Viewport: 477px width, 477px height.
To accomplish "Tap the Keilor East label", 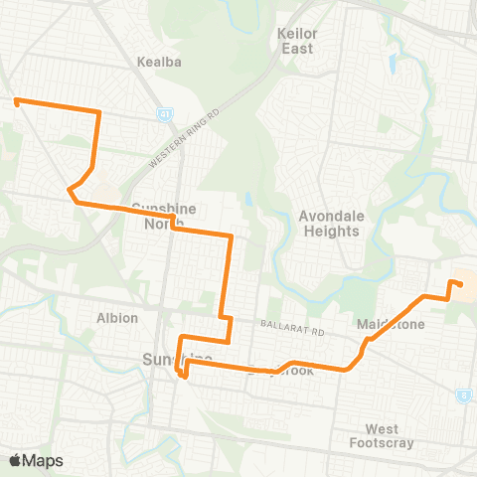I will (x=295, y=41).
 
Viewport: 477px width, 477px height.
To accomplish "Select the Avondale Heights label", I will (x=328, y=224).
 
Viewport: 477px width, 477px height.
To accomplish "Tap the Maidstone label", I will (x=391, y=325).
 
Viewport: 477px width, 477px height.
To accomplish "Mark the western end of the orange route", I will (x=16, y=99).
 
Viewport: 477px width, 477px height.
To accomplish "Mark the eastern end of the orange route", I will (x=460, y=284).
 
